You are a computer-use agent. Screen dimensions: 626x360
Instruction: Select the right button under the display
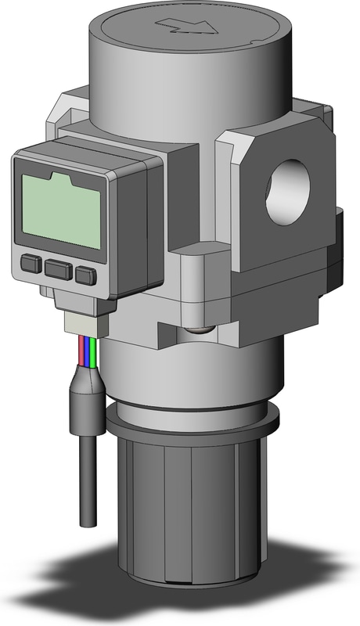click(x=85, y=274)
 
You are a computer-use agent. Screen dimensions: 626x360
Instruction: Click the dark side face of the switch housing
click(x=141, y=227)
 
